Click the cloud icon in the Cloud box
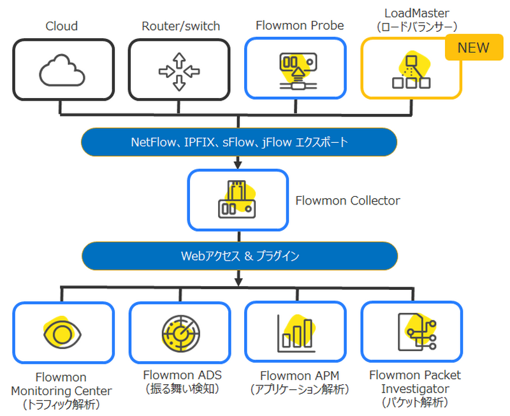click(62, 71)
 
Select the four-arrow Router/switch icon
click(179, 70)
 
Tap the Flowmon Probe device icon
click(295, 70)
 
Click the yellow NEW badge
click(474, 48)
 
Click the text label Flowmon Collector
click(347, 201)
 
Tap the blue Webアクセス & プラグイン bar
click(239, 256)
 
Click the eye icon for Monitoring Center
click(62, 333)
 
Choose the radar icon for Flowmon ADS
click(179, 332)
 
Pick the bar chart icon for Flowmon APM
click(295, 333)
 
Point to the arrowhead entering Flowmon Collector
click(238, 165)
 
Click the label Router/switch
click(180, 26)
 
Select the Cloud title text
click(62, 26)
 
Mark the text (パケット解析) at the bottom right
click(415, 402)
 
